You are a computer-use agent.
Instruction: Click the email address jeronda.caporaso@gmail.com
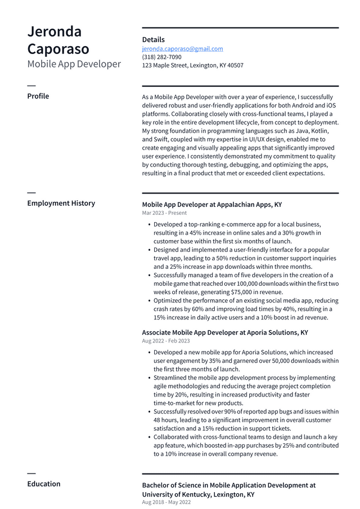182,49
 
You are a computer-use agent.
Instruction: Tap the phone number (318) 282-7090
161,57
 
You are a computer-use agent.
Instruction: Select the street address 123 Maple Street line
192,65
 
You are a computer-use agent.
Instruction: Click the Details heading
153,39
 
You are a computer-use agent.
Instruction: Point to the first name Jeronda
55,31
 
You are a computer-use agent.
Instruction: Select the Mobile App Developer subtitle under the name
74,64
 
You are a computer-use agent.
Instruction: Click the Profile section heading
38,96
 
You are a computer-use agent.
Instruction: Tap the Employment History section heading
61,203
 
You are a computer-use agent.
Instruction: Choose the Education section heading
43,484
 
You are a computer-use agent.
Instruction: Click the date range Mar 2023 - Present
164,213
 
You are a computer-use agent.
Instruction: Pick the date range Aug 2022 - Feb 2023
165,341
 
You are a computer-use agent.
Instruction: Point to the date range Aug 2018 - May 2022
166,502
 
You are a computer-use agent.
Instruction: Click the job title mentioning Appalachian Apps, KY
211,204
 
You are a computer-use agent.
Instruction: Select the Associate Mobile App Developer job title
224,332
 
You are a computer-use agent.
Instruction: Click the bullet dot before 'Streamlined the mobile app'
148,378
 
